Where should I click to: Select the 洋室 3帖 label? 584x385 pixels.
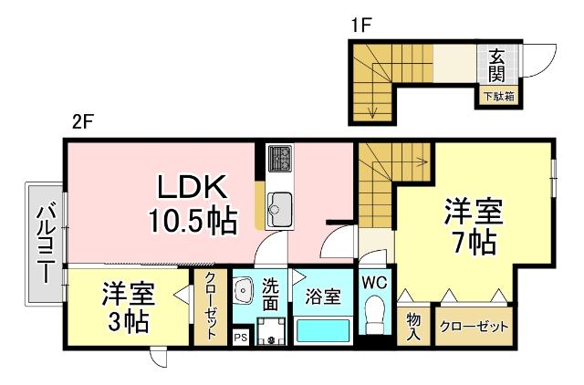[x=128, y=307]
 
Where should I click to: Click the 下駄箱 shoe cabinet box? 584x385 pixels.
[x=498, y=94]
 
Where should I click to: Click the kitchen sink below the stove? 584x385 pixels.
[x=279, y=209]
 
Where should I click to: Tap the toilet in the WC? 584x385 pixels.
[x=374, y=320]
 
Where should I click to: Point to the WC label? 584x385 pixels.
[x=374, y=283]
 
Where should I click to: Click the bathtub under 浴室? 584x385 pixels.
[x=324, y=329]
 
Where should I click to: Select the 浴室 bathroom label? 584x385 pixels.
[x=323, y=296]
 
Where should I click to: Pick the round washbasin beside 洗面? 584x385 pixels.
[x=244, y=291]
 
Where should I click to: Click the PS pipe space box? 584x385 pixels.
[x=240, y=338]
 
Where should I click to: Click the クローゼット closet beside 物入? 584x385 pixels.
[x=474, y=327]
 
